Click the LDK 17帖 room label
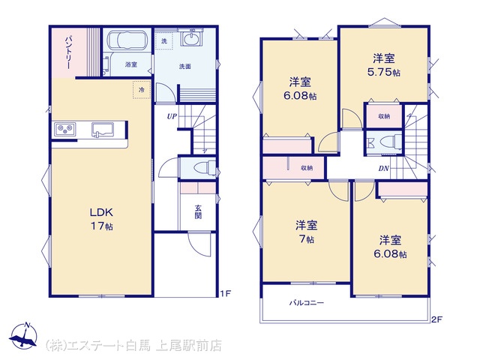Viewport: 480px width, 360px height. [x=101, y=219]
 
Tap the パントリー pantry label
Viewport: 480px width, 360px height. [x=69, y=52]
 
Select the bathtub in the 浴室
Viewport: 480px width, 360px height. [x=127, y=40]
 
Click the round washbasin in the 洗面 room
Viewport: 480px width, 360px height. [x=192, y=39]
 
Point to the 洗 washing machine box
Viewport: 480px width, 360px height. [x=164, y=40]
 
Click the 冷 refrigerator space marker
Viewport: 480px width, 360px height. [x=142, y=90]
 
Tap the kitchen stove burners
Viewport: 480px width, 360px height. [x=65, y=129]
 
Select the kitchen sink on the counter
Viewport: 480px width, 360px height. [x=103, y=129]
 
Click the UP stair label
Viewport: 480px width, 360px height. [x=172, y=116]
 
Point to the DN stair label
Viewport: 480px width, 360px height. [x=383, y=168]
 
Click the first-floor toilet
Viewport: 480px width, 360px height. [x=204, y=167]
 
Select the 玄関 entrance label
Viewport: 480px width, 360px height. [x=198, y=211]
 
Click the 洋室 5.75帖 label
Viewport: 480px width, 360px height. [x=383, y=65]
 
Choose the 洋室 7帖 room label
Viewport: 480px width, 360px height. [x=306, y=232]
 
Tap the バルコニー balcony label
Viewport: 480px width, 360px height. [x=307, y=303]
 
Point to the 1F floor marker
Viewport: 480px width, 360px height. [x=225, y=293]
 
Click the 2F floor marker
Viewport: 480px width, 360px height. [x=436, y=319]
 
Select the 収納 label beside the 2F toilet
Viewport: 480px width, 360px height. [x=384, y=116]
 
